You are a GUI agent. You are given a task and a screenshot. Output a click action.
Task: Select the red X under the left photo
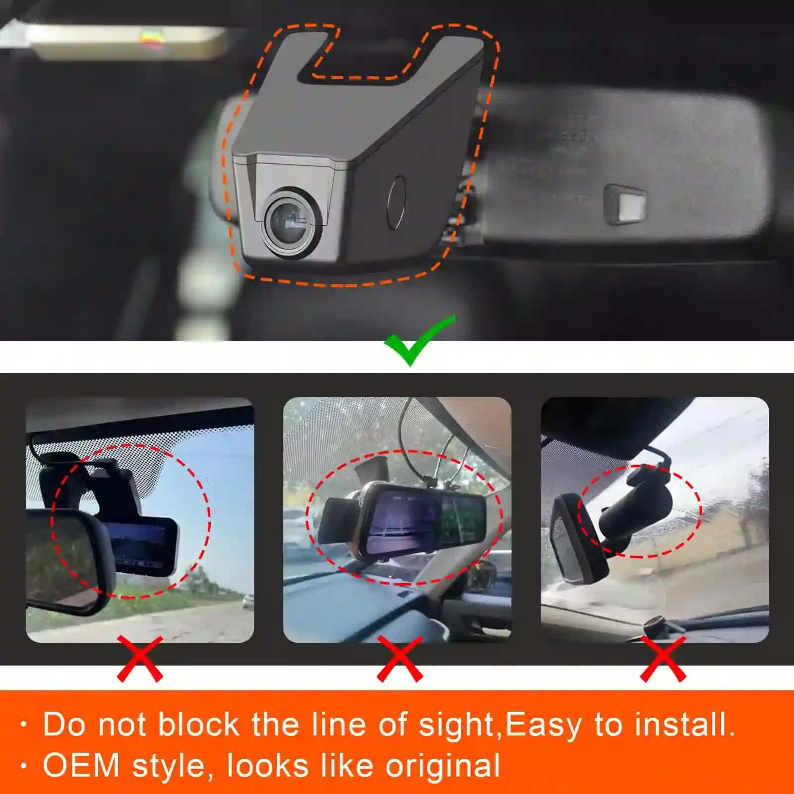point(140,659)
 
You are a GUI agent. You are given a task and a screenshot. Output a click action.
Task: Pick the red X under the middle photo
point(400,659)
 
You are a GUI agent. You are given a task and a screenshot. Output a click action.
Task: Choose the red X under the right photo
point(663,659)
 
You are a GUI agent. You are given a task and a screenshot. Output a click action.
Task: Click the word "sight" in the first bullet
point(456,725)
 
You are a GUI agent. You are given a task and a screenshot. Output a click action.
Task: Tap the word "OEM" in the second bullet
point(81,765)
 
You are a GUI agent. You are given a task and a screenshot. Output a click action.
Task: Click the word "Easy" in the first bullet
point(543,725)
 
